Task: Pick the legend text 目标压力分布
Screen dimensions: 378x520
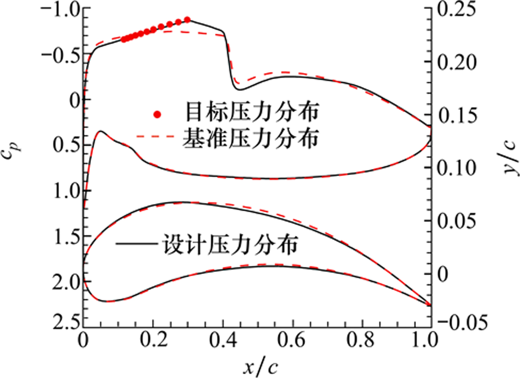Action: tap(250, 113)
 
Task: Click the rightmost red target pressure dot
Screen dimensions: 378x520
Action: tap(187, 20)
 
